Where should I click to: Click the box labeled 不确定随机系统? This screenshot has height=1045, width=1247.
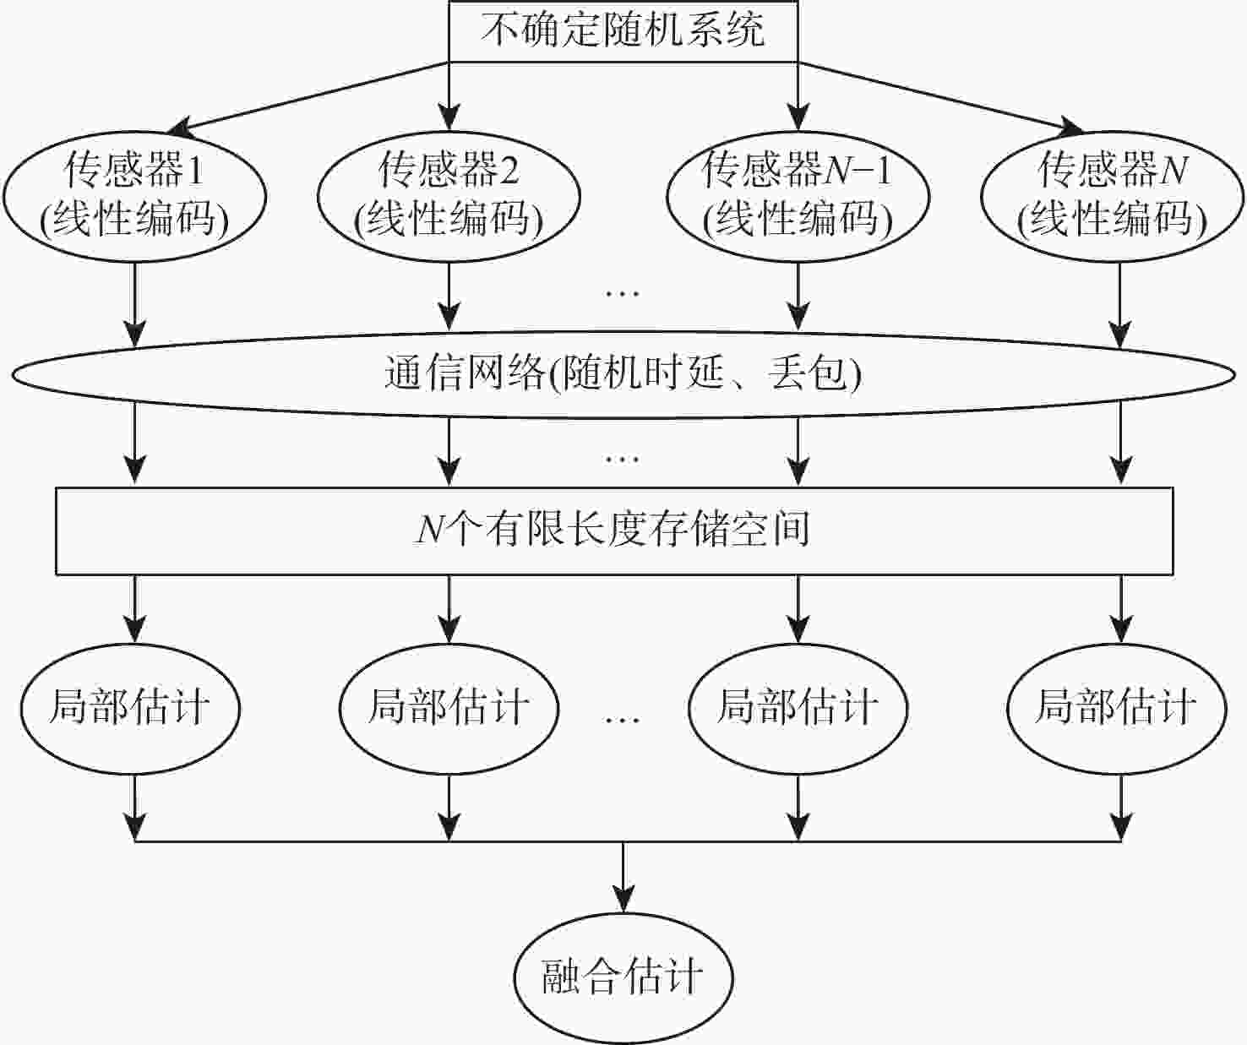623,31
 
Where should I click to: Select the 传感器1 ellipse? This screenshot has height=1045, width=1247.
135,196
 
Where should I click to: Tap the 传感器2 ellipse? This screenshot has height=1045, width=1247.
449,196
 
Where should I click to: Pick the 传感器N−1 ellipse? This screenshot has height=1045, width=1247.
798,196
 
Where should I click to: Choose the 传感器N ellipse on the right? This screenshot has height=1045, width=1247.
1112,196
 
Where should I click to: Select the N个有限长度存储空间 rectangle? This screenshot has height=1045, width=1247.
614,531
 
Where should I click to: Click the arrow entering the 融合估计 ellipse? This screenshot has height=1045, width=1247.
623,879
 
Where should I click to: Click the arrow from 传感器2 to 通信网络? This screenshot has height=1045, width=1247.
449,296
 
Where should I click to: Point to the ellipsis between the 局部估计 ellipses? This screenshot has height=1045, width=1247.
623,719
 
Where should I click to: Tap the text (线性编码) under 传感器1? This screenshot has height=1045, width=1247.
135,220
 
